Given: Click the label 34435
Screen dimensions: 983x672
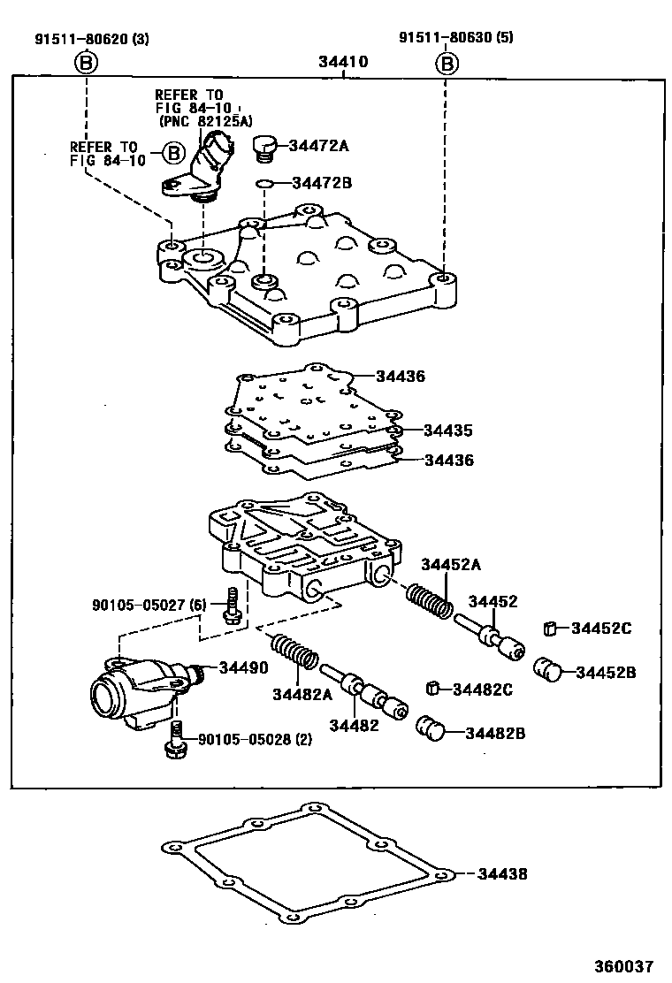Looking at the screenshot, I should pyautogui.click(x=447, y=431).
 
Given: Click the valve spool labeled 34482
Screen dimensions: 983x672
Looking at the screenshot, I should pyautogui.click(x=365, y=694).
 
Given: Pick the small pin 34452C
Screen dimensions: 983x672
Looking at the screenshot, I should pyautogui.click(x=550, y=629).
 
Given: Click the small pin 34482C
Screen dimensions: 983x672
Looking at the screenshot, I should pyautogui.click(x=433, y=688).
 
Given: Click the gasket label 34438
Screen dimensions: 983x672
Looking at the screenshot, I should pyautogui.click(x=501, y=873).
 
